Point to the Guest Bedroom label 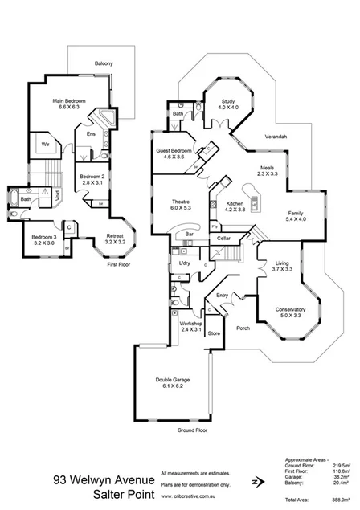[174, 153]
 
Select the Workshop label [190, 325]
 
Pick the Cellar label [224, 239]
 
